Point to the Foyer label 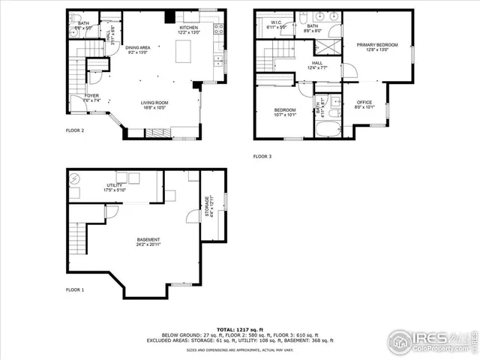click(91, 97)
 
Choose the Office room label click(364, 104)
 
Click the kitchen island click(184, 52)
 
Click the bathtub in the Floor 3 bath click(328, 127)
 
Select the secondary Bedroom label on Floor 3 click(284, 112)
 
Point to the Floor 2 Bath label click(82, 25)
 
